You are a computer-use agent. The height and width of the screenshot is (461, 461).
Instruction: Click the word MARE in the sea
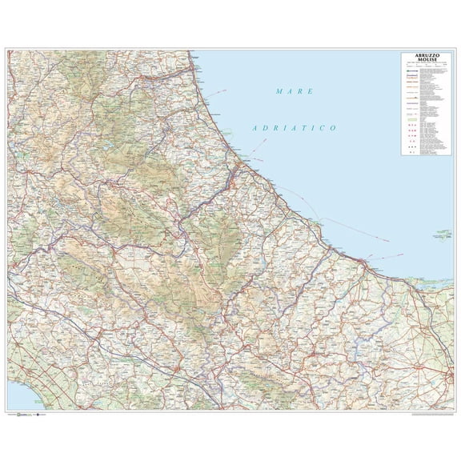pyautogui.click(x=294, y=92)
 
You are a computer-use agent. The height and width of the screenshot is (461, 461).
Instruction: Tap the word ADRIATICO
pyautogui.click(x=292, y=128)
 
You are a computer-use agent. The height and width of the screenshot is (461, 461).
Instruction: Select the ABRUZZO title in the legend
pyautogui.click(x=423, y=55)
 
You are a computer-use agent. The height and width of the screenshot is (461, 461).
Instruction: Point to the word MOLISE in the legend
pyautogui.click(x=423, y=60)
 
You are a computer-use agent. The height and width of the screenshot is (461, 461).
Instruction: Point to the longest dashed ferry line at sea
pyautogui.click(x=352, y=228)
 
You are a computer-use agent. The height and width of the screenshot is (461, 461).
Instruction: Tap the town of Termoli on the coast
pyautogui.click(x=364, y=261)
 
